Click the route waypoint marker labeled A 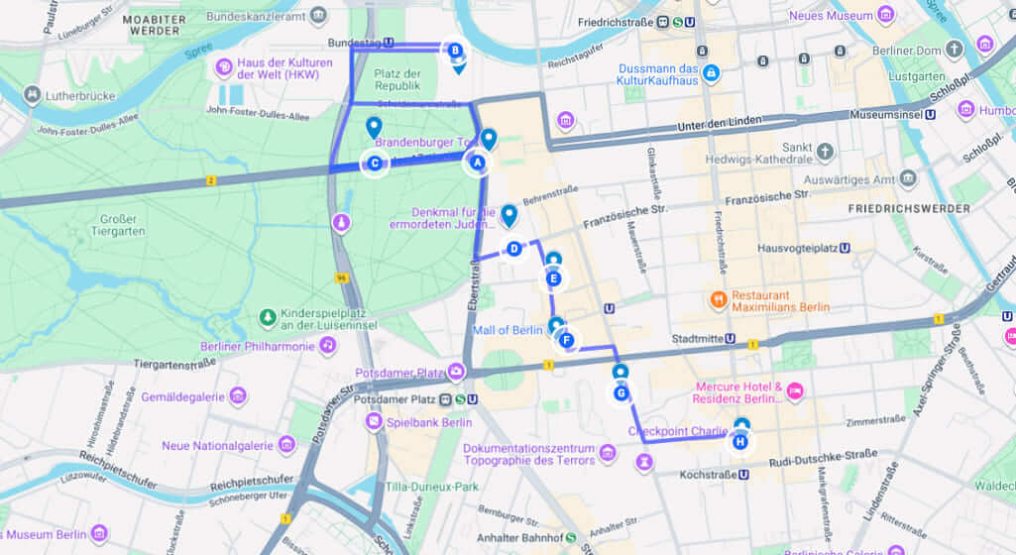pos(476,163)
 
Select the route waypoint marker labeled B pos(454,50)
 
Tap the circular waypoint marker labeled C pos(374,164)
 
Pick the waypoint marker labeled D pos(513,249)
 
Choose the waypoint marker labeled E pos(553,279)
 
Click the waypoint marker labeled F pos(566,341)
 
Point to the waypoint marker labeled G pos(621,392)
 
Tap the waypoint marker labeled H pos(739,442)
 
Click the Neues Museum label pos(832,16)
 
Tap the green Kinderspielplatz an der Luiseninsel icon pos(267,318)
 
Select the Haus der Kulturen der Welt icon pos(224,68)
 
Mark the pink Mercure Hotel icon pos(794,392)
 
